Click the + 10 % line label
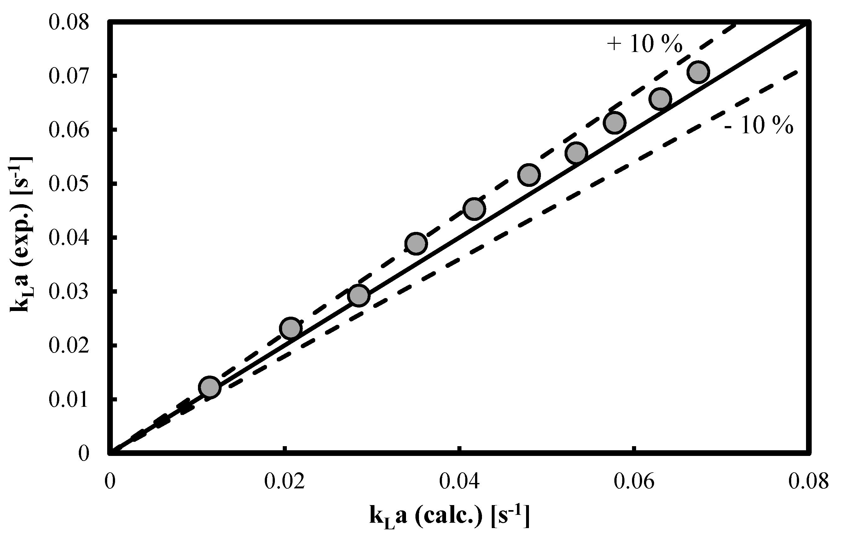pyautogui.click(x=645, y=45)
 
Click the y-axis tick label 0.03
pyautogui.click(x=68, y=291)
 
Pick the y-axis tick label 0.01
pyautogui.click(x=68, y=400)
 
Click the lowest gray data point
pyautogui.click(x=209, y=387)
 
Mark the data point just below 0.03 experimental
pyautogui.click(x=358, y=296)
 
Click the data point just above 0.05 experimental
pyautogui.click(x=529, y=175)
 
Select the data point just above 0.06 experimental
pyautogui.click(x=614, y=123)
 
